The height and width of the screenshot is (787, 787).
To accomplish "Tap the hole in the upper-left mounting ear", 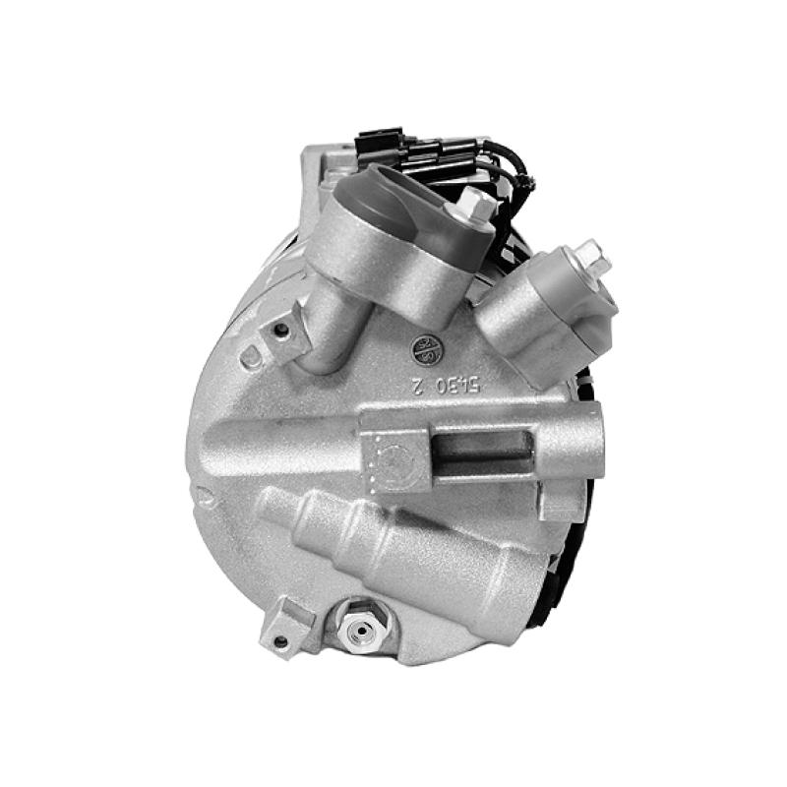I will (281, 331).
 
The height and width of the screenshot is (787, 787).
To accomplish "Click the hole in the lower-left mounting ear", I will (280, 640).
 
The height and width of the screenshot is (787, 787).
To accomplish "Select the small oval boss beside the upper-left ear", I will (250, 359).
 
